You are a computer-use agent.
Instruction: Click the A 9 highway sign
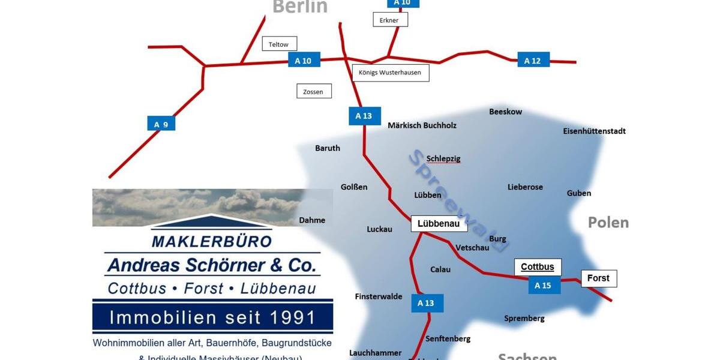(161, 124)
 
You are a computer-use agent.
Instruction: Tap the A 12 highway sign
(533, 60)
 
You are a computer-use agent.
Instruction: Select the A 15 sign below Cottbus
(544, 285)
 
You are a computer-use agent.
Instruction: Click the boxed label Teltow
(279, 44)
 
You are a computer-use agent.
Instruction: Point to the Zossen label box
(314, 91)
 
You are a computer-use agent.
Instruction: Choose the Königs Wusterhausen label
(390, 73)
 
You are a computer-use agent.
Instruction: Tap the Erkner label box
(389, 20)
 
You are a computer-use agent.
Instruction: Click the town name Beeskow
(505, 112)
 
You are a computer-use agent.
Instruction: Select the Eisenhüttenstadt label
(594, 131)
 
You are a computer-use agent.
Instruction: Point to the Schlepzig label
(443, 158)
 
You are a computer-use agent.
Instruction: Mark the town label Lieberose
(525, 187)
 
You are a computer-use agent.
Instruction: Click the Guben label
(578, 193)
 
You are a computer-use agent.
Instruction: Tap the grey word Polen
(608, 223)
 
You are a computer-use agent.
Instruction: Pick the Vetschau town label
(472, 247)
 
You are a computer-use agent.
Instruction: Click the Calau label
(440, 269)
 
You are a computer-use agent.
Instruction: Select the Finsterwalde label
(378, 296)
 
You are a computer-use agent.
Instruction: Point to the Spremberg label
(524, 318)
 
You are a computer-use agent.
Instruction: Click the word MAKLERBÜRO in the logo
(211, 241)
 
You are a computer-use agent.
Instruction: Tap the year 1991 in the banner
(289, 317)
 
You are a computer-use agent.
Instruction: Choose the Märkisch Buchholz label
(422, 125)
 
